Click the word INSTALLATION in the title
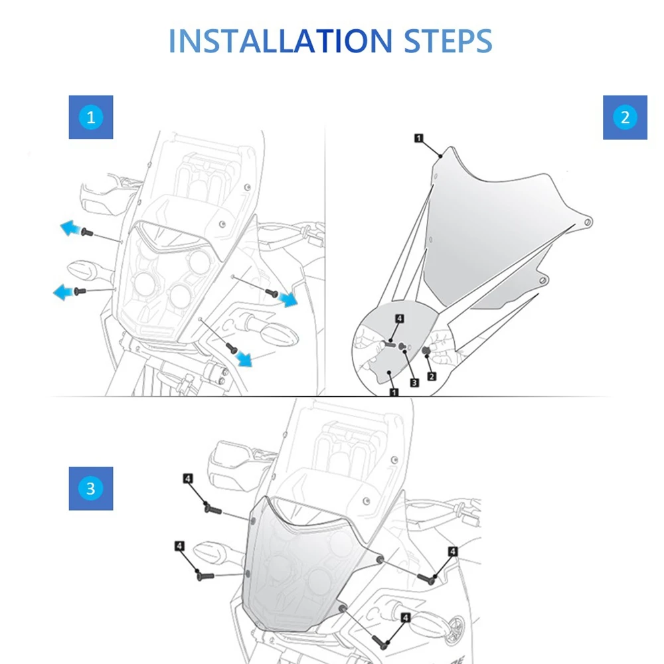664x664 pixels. point(280,41)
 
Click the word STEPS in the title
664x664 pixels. point(449,41)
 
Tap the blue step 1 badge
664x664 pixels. point(91,118)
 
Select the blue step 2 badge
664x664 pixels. point(624,118)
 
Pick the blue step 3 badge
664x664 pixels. point(91,489)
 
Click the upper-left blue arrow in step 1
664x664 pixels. point(70,228)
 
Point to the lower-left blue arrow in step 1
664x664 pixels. point(64,291)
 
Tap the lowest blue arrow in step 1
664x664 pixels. point(245,359)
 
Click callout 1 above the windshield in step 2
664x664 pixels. point(418,138)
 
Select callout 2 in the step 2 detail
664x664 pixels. point(432,376)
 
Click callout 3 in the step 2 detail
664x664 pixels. point(413,382)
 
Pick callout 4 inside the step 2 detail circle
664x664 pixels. point(399,319)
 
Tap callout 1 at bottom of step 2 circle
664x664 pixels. point(394,392)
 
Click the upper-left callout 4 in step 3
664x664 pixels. point(188,478)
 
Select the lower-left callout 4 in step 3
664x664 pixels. point(180,546)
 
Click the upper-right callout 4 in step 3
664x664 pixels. point(452,551)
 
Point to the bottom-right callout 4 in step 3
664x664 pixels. point(405,617)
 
